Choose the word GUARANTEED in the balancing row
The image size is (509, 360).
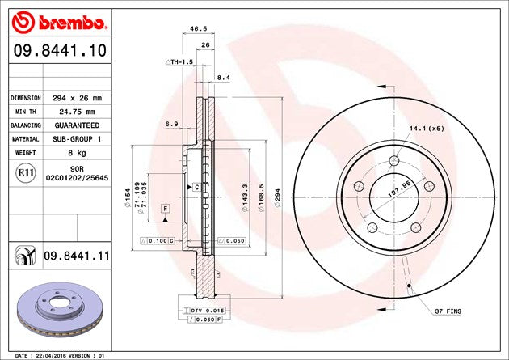[78, 126]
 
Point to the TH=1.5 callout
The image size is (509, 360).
[180, 62]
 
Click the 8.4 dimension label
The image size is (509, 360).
[223, 77]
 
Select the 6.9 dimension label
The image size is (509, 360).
[170, 124]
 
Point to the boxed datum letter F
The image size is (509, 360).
[165, 209]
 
